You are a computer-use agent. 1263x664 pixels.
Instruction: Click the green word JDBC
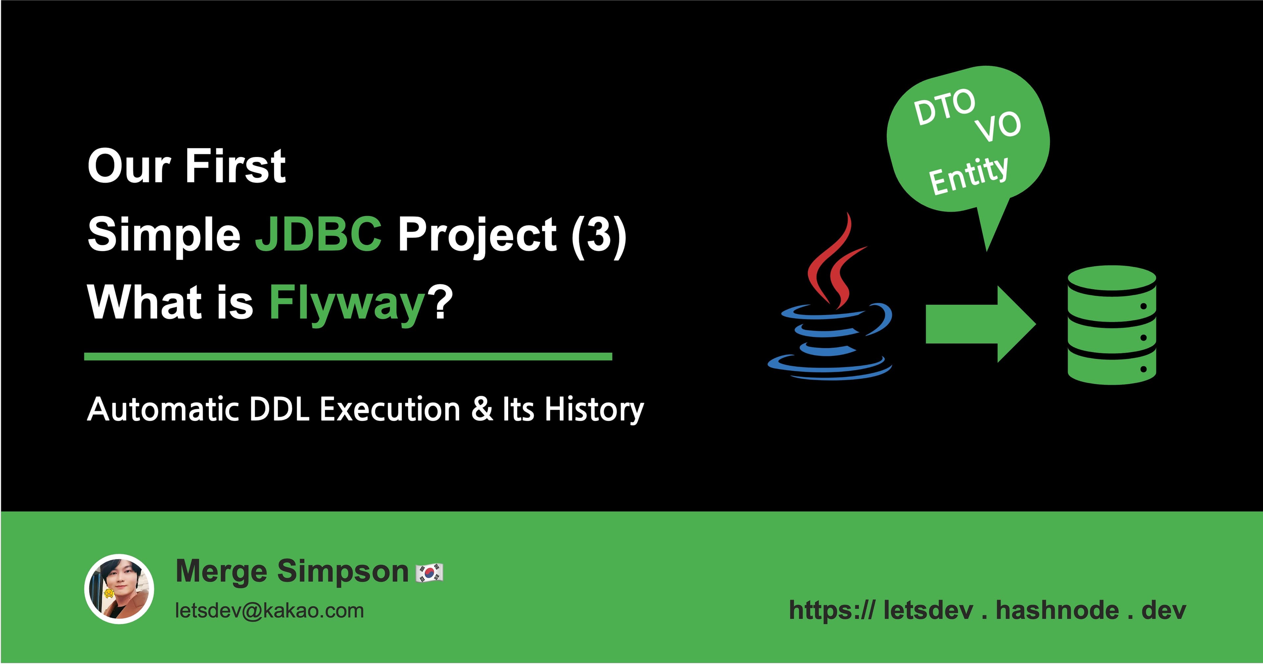click(318, 234)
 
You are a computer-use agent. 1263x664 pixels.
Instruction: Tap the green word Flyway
click(346, 303)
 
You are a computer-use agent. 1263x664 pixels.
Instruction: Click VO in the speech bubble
click(998, 127)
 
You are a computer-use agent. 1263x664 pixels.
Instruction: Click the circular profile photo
click(119, 589)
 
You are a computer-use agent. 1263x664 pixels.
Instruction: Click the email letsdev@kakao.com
click(269, 611)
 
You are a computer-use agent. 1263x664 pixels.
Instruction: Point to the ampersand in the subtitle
click(482, 409)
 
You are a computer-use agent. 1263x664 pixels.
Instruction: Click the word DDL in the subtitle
click(279, 409)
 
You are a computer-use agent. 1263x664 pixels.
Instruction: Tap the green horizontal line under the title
click(348, 357)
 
